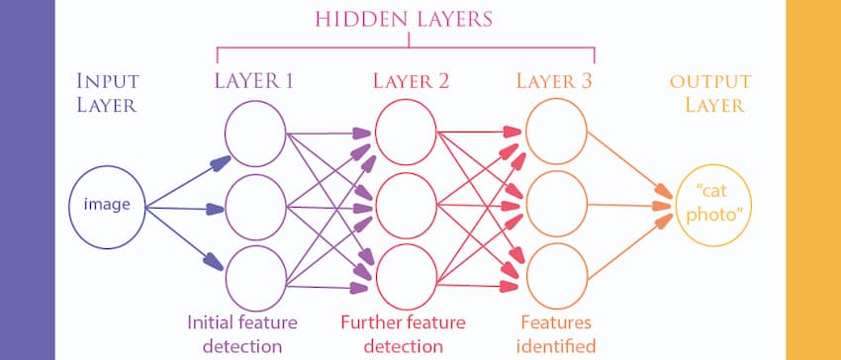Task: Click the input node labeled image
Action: tap(106, 206)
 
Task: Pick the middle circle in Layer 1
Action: tap(255, 206)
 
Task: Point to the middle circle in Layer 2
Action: tap(405, 206)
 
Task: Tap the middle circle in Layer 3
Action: tap(556, 206)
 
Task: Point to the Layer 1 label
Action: tap(253, 81)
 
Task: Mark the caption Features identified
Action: tap(556, 333)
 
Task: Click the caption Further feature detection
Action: tap(404, 333)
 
